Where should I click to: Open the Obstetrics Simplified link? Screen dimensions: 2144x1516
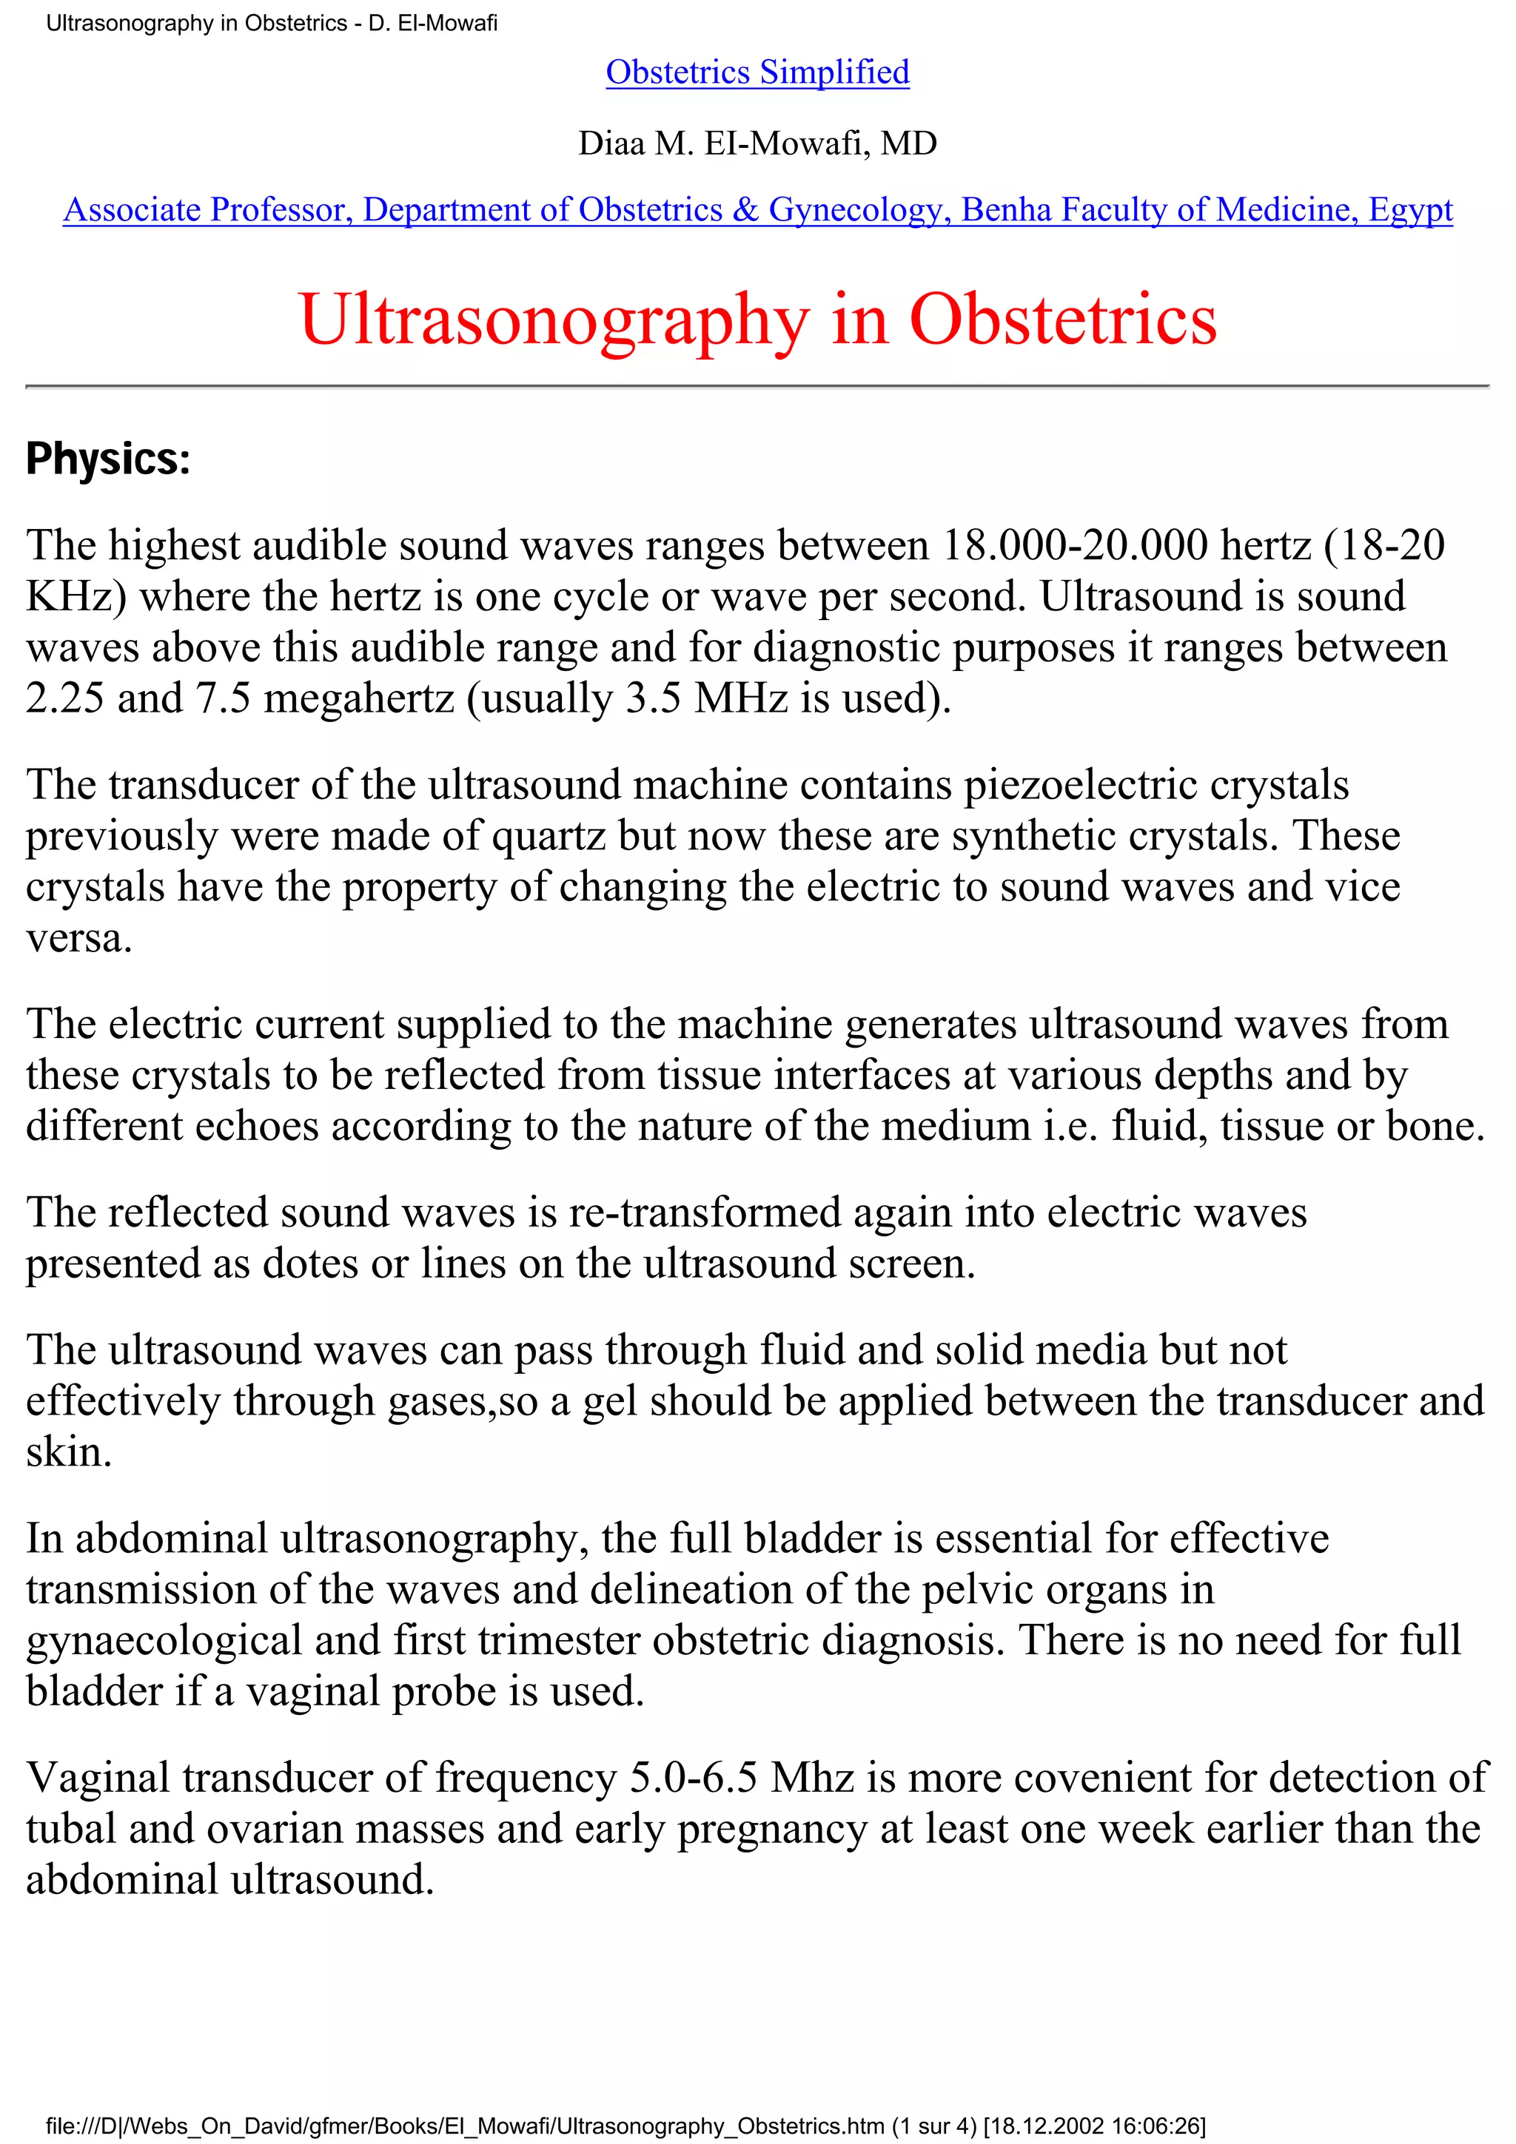tap(757, 72)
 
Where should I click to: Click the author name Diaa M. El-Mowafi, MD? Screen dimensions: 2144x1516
tap(757, 143)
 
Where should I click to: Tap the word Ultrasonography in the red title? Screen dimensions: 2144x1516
tap(553, 320)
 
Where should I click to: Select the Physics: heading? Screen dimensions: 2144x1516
tap(107, 459)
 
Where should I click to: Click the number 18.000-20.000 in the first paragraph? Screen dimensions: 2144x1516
tap(1074, 545)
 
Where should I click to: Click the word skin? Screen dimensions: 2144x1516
tap(68, 1453)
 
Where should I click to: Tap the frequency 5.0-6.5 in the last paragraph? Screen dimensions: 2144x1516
tap(693, 1778)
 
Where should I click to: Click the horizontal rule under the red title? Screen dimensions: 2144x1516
tap(757, 385)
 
